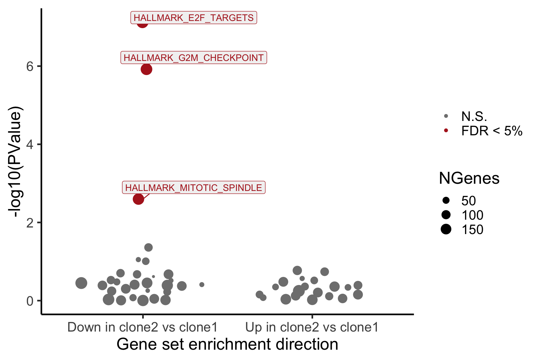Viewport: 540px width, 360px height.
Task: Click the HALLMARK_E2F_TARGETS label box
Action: coord(193,18)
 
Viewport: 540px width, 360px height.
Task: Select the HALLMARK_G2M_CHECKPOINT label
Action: coord(194,58)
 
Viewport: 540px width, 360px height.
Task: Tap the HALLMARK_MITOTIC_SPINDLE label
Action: coord(193,187)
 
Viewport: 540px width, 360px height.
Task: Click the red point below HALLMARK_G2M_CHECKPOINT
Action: coord(146,69)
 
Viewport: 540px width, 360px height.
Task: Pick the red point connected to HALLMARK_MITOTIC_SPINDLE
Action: coord(138,199)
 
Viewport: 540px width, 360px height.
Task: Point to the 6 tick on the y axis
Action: coord(30,66)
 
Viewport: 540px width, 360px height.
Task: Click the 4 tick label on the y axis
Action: coord(30,144)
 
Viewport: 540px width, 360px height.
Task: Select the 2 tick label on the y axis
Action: coord(30,222)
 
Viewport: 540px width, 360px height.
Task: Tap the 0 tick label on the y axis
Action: coord(30,301)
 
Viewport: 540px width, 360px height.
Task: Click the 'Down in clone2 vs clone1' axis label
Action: coord(142,327)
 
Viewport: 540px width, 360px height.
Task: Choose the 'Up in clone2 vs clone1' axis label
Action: coord(312,327)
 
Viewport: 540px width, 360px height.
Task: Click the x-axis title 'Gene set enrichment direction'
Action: coord(227,344)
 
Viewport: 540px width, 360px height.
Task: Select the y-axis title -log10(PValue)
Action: coord(16,162)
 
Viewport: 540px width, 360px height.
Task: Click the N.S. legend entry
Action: coord(474,116)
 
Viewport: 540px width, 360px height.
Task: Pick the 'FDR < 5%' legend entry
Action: coord(492,131)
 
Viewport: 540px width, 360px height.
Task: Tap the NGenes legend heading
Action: coord(469,178)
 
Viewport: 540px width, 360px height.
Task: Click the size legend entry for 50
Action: coord(468,201)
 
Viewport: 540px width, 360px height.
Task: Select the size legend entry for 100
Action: coord(472,215)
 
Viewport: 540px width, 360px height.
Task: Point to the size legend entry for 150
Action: coord(472,229)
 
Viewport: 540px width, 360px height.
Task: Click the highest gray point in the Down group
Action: coord(148,247)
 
